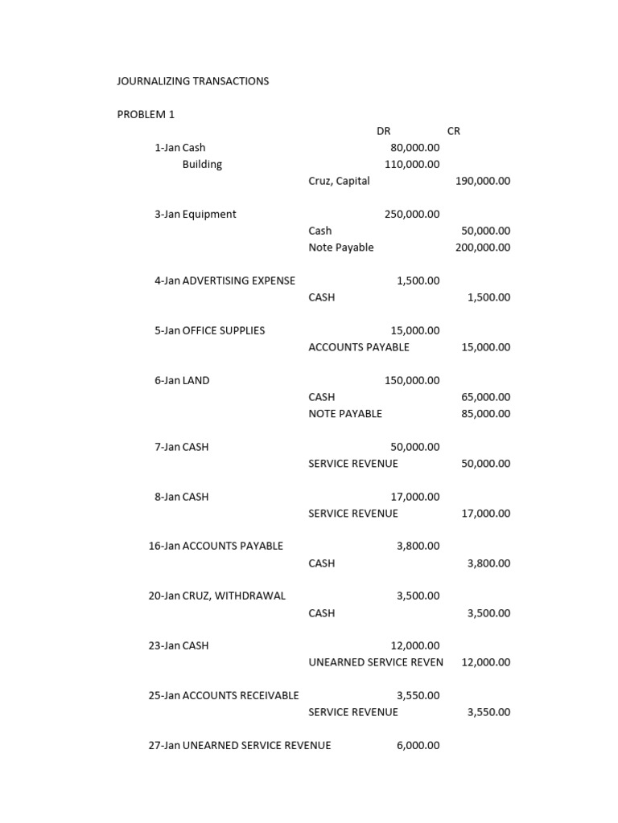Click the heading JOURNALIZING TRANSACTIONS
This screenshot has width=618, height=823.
click(x=193, y=81)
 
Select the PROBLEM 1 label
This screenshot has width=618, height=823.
click(x=146, y=114)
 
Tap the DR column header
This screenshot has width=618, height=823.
click(x=383, y=131)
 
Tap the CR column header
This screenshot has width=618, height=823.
click(x=453, y=131)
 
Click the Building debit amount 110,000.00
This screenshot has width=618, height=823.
click(x=412, y=165)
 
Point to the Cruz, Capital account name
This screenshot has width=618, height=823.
click(x=339, y=181)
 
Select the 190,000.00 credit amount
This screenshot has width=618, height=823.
click(x=482, y=181)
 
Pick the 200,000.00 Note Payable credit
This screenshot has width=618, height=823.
click(x=482, y=248)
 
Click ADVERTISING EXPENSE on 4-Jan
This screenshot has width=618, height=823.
click(x=239, y=280)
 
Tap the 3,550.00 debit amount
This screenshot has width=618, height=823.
click(x=418, y=695)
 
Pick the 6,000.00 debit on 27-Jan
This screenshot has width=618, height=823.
click(x=418, y=745)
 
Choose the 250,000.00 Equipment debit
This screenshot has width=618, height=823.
click(x=412, y=215)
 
